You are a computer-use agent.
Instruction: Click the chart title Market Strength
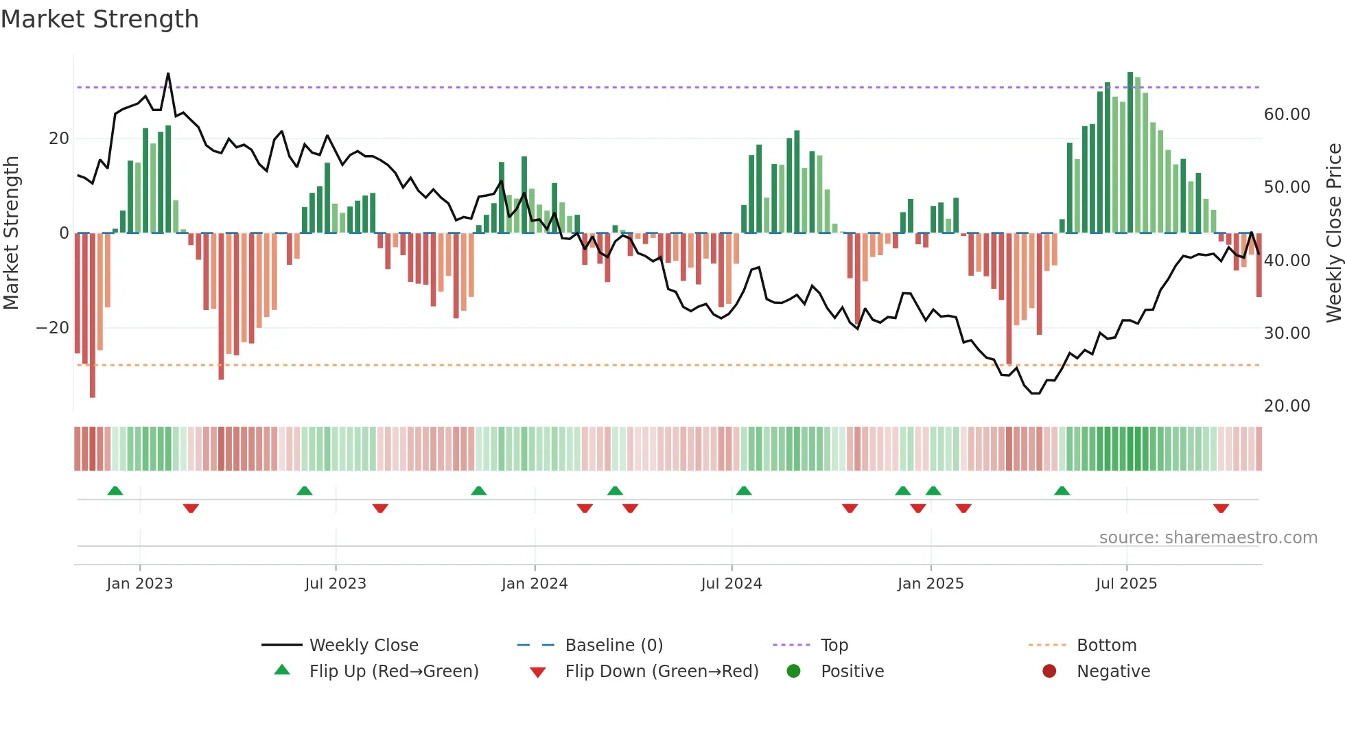100,19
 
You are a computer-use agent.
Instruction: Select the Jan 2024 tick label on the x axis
535,584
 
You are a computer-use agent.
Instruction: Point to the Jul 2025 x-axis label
1126,584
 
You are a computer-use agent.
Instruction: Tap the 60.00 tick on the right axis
1287,115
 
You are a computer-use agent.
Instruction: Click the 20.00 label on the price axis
1287,406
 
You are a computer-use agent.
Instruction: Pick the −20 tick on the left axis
53,328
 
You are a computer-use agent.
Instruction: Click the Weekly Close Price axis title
1333,233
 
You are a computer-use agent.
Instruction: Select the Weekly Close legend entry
363,646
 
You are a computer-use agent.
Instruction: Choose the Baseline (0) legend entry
613,646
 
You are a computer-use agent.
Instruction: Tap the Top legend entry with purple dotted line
834,646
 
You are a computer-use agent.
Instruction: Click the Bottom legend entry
1106,646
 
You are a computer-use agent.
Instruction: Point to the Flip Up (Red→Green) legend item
393,672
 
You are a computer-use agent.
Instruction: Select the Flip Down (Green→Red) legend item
662,672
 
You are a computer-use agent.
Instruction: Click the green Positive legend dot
794,672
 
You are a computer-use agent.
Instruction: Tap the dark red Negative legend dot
1049,672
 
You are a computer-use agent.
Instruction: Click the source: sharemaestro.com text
1208,538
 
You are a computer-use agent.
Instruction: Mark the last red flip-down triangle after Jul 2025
1221,508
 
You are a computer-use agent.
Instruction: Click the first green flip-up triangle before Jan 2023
115,491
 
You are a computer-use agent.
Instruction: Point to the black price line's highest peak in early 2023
168,74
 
